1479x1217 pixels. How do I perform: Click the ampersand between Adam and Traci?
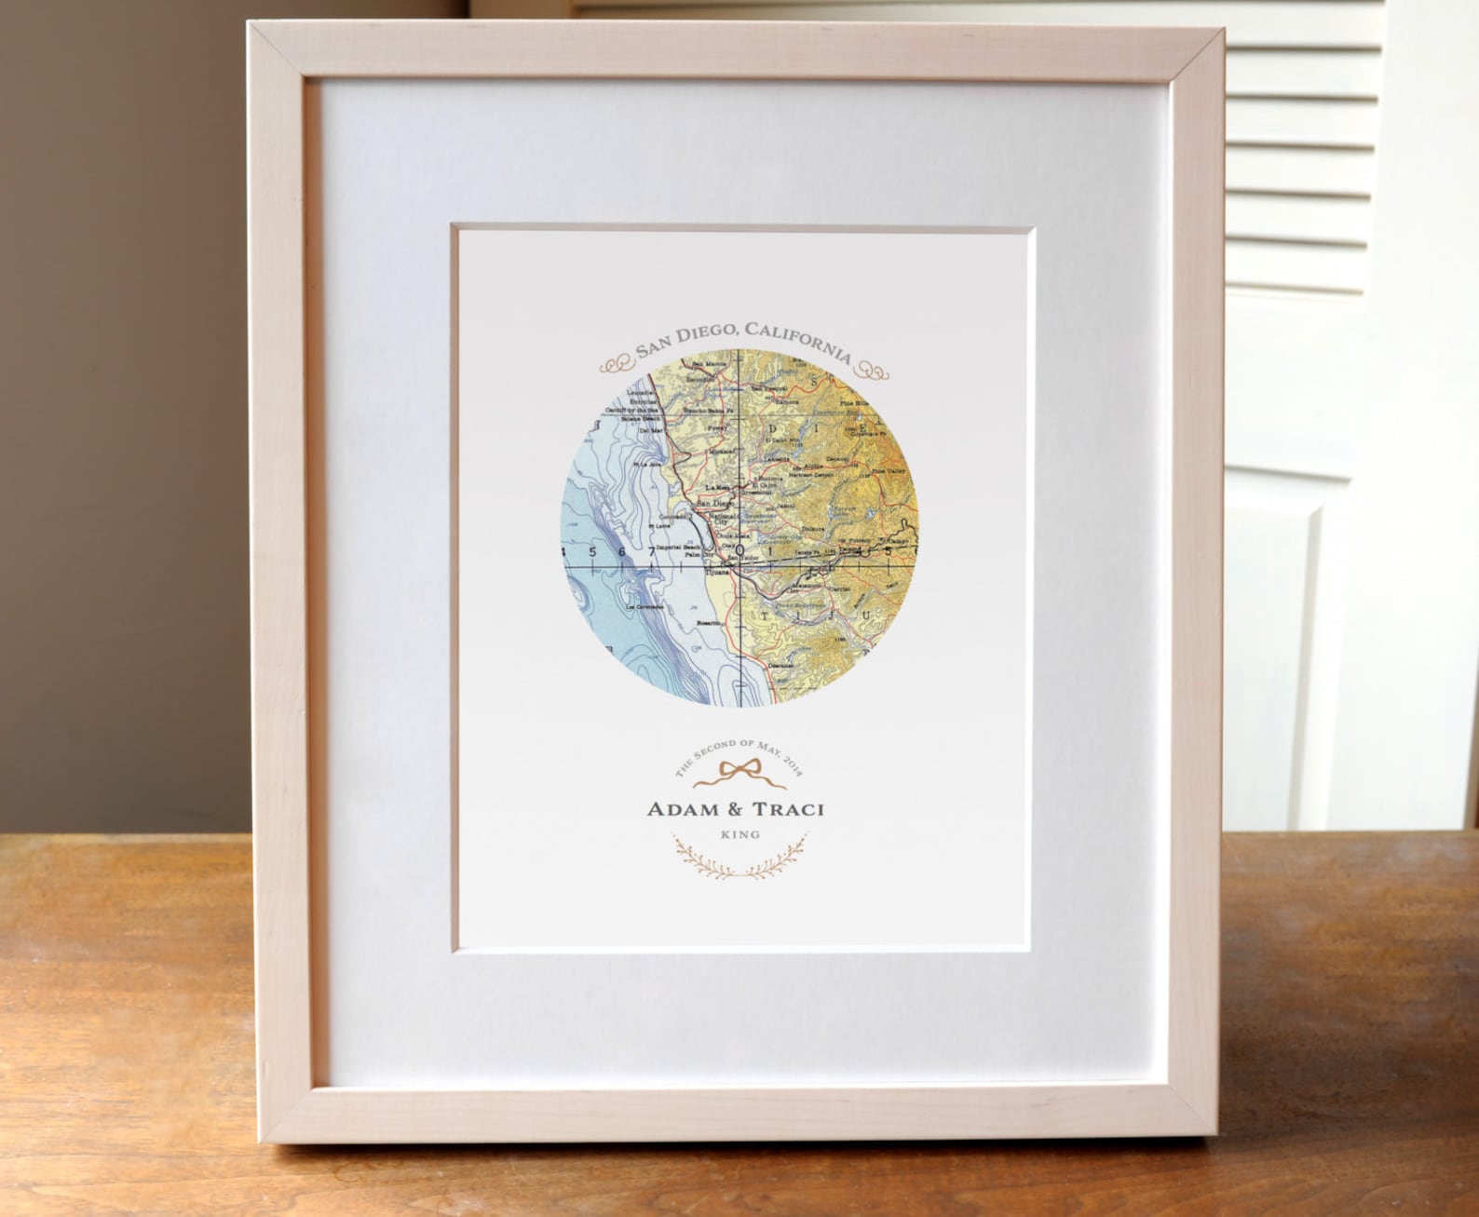pyautogui.click(x=734, y=809)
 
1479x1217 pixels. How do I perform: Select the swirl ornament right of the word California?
pyautogui.click(x=875, y=370)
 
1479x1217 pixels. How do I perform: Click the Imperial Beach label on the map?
pyautogui.click(x=678, y=548)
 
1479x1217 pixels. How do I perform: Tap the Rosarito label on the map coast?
pyautogui.click(x=710, y=623)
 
